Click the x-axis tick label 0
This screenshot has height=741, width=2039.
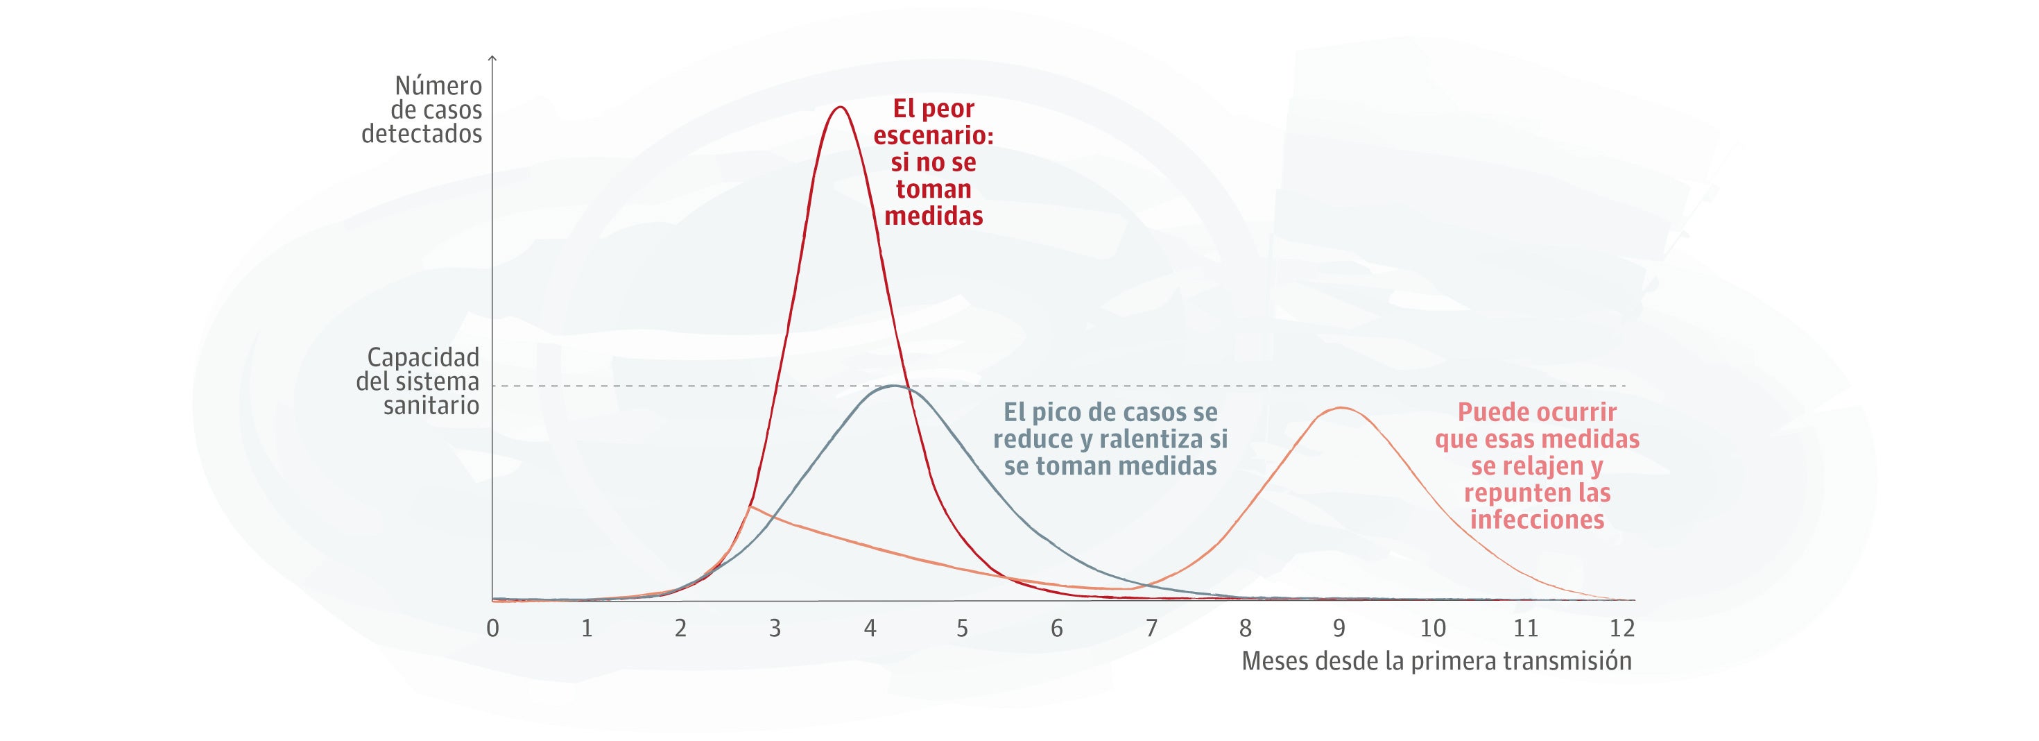[493, 629]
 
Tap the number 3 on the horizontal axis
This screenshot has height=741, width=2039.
[775, 629]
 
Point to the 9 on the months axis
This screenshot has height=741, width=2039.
[1339, 629]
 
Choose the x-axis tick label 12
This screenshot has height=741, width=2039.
[1622, 629]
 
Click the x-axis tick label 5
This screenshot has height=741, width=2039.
[963, 629]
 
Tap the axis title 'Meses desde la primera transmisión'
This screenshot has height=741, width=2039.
[1436, 661]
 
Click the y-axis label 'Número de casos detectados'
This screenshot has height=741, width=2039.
[422, 110]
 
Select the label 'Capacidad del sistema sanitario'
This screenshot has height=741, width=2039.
[418, 382]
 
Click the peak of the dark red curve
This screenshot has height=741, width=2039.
[840, 107]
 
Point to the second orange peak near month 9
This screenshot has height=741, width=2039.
[1340, 408]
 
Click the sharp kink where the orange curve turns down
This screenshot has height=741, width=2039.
[750, 506]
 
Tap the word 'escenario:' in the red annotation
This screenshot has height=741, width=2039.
[934, 135]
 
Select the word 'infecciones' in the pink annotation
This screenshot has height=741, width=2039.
[1536, 520]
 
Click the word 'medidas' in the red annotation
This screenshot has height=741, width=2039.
[934, 216]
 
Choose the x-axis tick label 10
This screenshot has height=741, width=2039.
[1433, 629]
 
